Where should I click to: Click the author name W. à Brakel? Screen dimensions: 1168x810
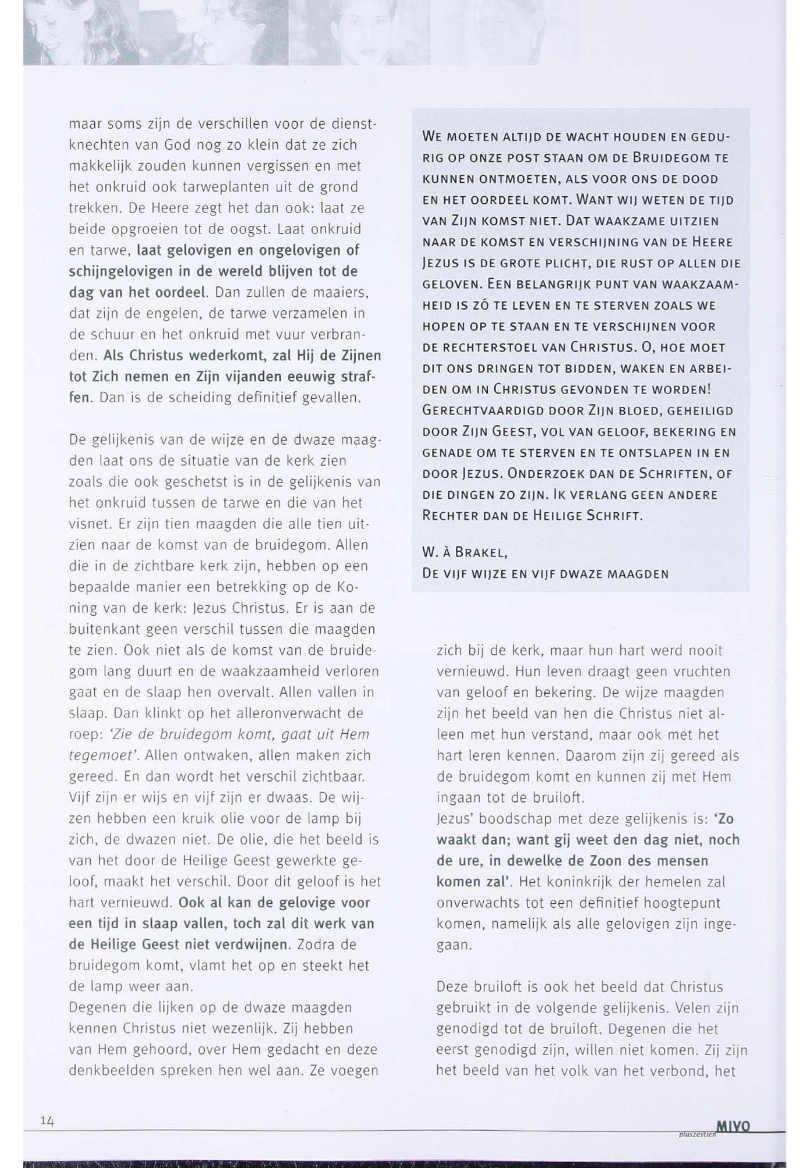[x=465, y=552]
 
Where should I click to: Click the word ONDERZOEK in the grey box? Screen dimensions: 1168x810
[x=540, y=474]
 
